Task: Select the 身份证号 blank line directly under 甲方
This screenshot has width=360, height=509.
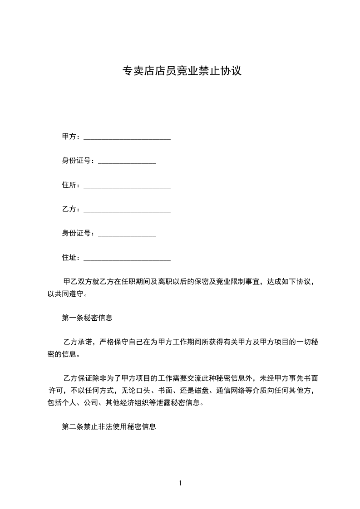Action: pos(127,162)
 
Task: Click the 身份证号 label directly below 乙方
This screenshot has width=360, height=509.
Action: pos(79,233)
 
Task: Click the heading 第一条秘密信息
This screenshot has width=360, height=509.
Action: pos(87,318)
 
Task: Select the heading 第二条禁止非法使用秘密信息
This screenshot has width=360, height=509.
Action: pos(109,427)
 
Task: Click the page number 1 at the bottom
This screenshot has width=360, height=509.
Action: pos(180,484)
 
